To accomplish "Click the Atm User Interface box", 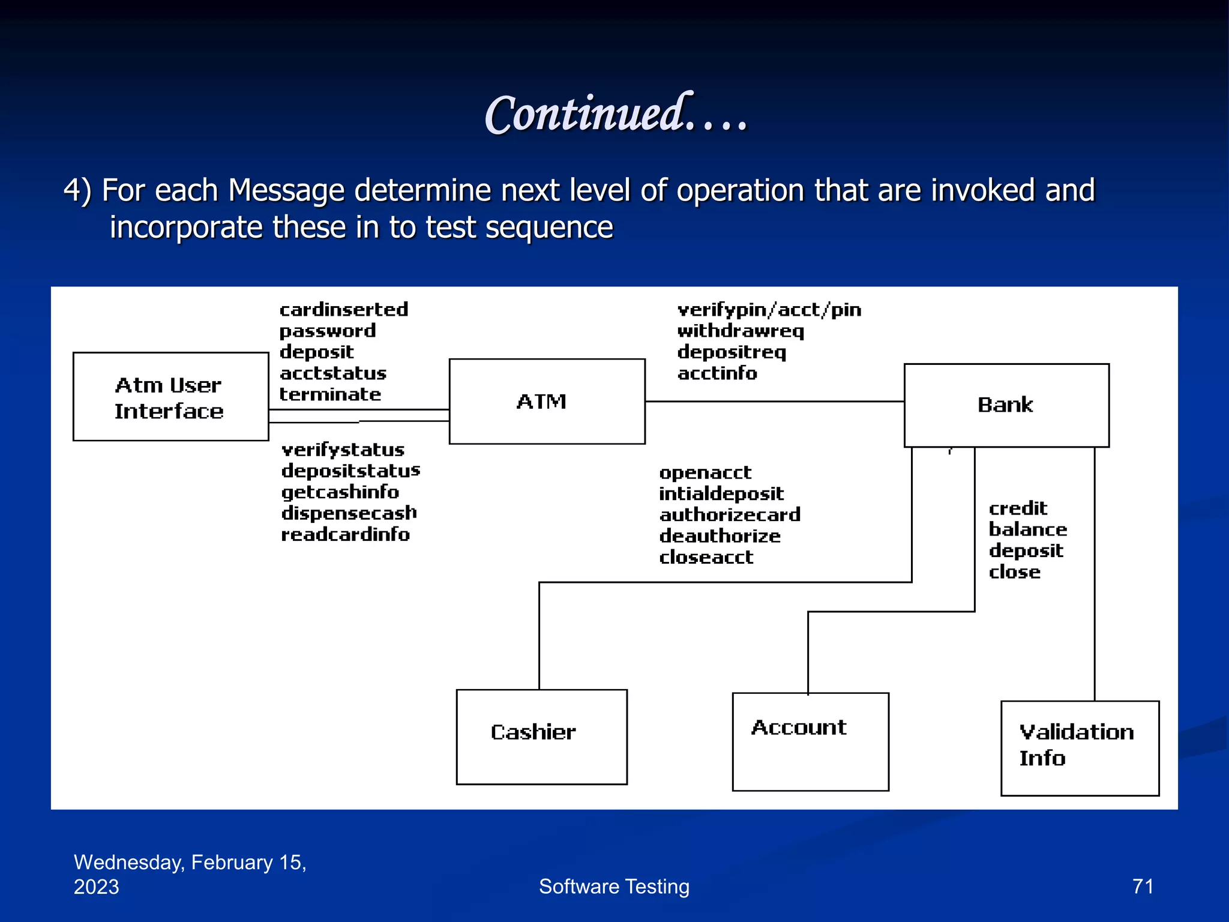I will point(170,397).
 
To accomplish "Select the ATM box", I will point(547,402).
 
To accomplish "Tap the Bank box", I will point(1006,405).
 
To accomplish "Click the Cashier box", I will point(541,737).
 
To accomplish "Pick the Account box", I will point(810,741).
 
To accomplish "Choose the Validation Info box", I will point(1080,747).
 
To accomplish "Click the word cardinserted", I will point(344,310).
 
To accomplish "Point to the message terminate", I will point(330,394).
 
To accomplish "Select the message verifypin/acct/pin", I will point(769,310).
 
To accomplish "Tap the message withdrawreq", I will point(741,331).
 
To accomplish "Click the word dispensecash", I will point(349,513).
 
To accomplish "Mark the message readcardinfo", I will point(345,534).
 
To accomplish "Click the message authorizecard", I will point(730,514).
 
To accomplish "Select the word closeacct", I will point(706,557).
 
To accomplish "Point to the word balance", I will point(1027,529).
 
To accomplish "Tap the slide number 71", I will point(1142,886).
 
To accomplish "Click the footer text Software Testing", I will point(614,886).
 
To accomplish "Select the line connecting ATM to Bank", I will point(774,402).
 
